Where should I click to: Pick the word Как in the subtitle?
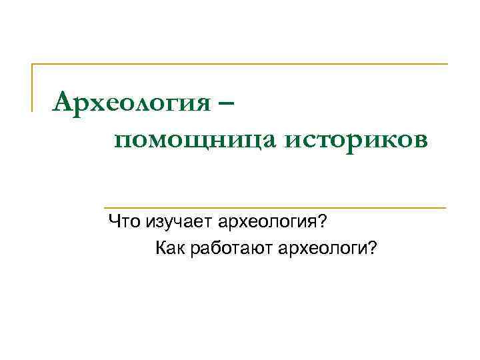pyautogui.click(x=170, y=249)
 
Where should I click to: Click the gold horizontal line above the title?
pyautogui.click(x=240, y=64)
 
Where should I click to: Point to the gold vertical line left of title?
pyautogui.click(x=33, y=87)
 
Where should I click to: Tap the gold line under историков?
pyautogui.click(x=273, y=207)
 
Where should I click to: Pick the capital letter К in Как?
pyautogui.click(x=161, y=249)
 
